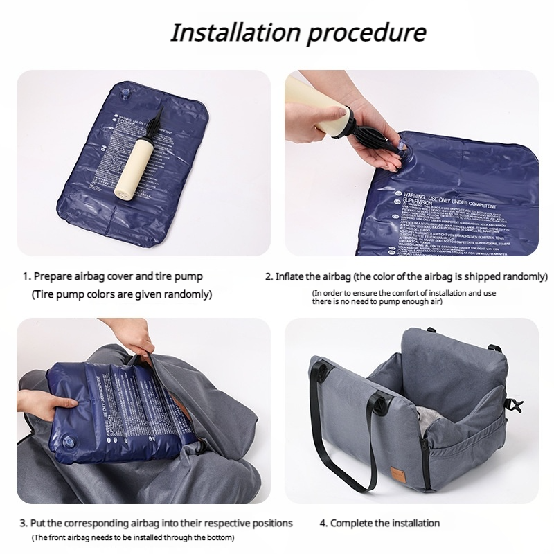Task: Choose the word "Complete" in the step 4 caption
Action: [354, 523]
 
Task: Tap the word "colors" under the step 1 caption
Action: [100, 294]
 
